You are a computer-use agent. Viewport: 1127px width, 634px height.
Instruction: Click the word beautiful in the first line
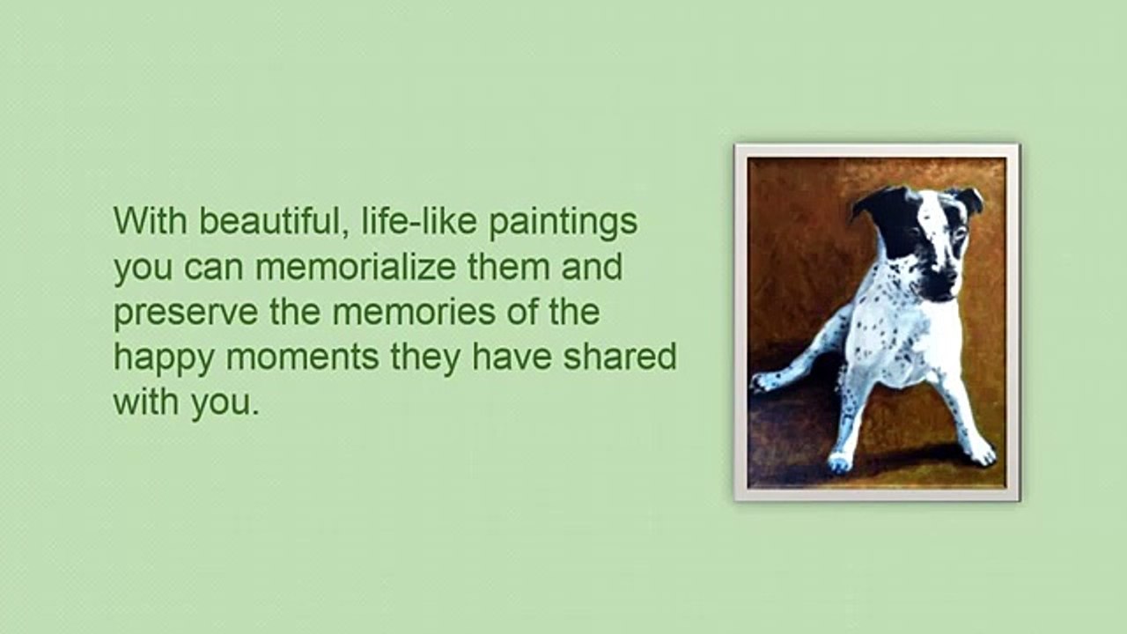pyautogui.click(x=269, y=221)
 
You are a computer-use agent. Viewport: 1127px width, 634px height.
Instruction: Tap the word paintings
pyautogui.click(x=563, y=223)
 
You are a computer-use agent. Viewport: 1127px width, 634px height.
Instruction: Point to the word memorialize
pyautogui.click(x=357, y=267)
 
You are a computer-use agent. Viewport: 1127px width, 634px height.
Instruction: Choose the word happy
pyautogui.click(x=166, y=358)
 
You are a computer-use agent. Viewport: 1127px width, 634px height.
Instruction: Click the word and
pyautogui.click(x=592, y=267)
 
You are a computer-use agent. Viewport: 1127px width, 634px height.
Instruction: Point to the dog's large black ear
pyautogui.click(x=880, y=216)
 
